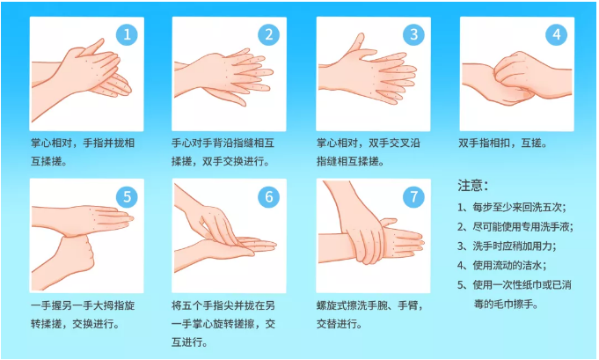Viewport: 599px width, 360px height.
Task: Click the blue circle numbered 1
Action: (x=127, y=35)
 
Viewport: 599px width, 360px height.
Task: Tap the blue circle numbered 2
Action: (x=269, y=35)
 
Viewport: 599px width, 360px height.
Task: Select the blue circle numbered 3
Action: (x=413, y=35)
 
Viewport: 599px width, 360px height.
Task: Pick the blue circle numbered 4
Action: (x=556, y=35)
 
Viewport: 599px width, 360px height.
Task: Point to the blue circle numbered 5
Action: (x=127, y=197)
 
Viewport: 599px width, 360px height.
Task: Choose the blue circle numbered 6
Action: (x=269, y=197)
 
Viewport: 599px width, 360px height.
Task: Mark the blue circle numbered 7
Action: (x=413, y=197)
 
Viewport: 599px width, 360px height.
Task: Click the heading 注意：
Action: (x=473, y=186)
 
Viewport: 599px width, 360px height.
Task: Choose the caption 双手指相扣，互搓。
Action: (x=503, y=143)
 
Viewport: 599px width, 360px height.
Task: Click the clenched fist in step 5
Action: (x=76, y=255)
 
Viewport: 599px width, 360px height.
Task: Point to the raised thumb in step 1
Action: (x=93, y=47)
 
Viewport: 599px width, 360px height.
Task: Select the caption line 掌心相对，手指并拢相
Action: (x=83, y=143)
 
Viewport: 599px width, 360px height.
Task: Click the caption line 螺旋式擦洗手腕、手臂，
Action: (x=369, y=305)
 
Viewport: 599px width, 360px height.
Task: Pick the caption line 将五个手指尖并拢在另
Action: (x=223, y=305)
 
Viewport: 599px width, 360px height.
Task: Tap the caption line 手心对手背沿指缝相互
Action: (x=223, y=143)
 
